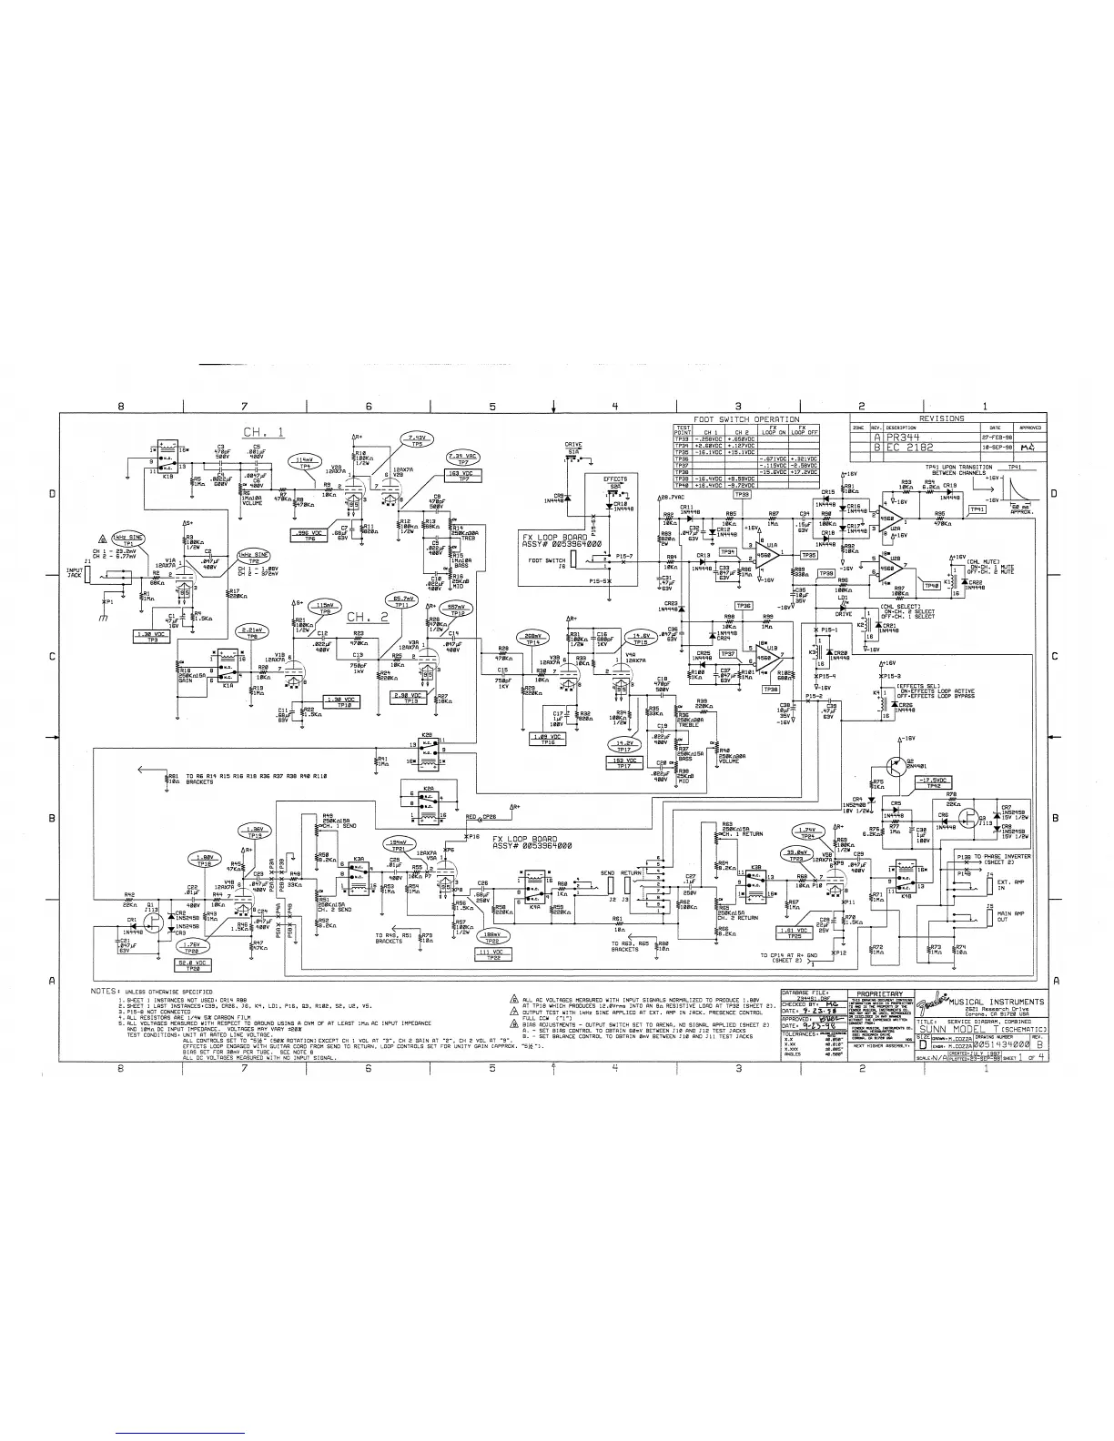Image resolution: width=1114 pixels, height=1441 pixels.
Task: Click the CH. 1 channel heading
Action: click(263, 432)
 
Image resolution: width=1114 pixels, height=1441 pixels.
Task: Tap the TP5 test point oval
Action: click(418, 439)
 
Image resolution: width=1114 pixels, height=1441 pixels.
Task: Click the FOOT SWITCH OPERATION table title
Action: click(740, 419)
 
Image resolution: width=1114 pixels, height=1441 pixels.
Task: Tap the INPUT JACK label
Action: click(75, 573)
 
